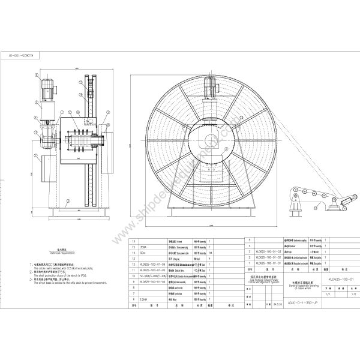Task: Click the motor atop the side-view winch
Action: point(46,92)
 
